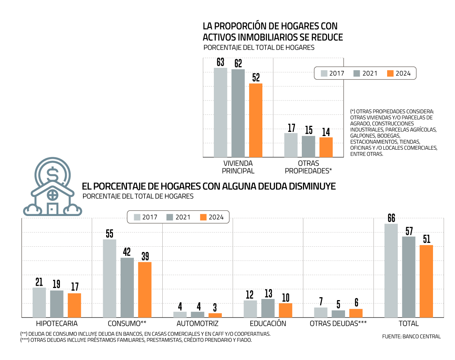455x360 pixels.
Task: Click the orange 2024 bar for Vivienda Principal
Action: pyautogui.click(x=256, y=120)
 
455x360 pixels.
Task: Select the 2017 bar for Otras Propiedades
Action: pyautogui.click(x=291, y=145)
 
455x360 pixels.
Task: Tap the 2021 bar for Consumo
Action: pyautogui.click(x=127, y=287)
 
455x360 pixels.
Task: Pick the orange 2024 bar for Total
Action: pyautogui.click(x=426, y=281)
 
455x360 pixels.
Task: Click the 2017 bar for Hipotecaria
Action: pyautogui.click(x=39, y=302)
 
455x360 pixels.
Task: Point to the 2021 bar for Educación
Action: pyautogui.click(x=268, y=308)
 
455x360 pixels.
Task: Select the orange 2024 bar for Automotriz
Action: pyautogui.click(x=215, y=315)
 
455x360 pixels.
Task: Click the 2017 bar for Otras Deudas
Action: pyautogui.click(x=321, y=312)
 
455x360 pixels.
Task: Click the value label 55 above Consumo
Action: pyautogui.click(x=110, y=233)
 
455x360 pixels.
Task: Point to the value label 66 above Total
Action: pyautogui.click(x=391, y=218)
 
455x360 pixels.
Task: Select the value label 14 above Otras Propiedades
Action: pyautogui.click(x=326, y=132)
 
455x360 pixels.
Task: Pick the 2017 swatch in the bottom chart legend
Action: pyautogui.click(x=137, y=217)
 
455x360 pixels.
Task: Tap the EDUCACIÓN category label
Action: pyautogui.click(x=268, y=324)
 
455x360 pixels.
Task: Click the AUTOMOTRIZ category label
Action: pyautogui.click(x=197, y=324)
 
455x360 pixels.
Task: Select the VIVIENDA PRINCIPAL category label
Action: pyautogui.click(x=238, y=167)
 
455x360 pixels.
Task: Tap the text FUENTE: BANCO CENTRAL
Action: pyautogui.click(x=411, y=337)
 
